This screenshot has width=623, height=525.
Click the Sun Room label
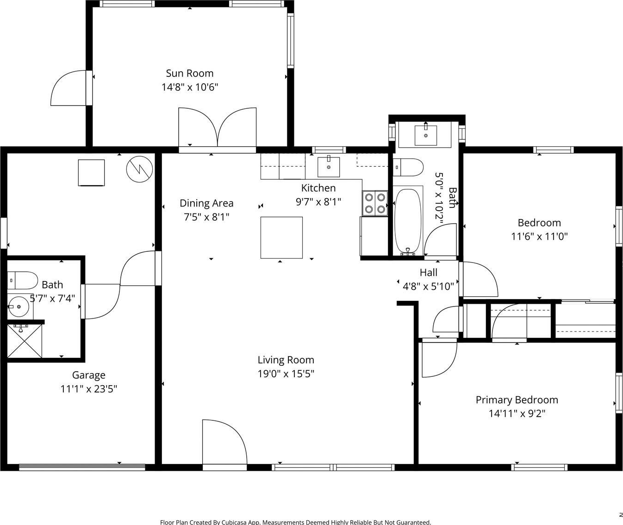click(x=189, y=73)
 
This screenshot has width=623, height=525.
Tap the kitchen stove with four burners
click(x=375, y=203)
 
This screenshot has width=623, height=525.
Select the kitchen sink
click(x=329, y=167)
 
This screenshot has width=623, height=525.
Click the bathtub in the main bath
click(x=408, y=221)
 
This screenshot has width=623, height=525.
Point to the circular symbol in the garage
click(x=139, y=169)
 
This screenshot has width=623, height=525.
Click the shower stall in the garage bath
click(x=25, y=341)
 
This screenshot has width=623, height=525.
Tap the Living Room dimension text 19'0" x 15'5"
click(x=286, y=374)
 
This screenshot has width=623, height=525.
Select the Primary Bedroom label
click(x=517, y=400)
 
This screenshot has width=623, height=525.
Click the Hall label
click(x=429, y=273)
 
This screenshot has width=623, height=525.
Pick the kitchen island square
click(x=281, y=237)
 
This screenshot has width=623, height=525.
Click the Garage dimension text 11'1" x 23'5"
click(x=88, y=389)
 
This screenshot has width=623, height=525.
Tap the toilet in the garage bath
click(x=22, y=280)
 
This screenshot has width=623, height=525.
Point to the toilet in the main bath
click(x=408, y=167)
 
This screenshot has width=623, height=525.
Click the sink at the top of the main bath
click(x=426, y=135)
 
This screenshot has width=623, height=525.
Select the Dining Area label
click(x=206, y=203)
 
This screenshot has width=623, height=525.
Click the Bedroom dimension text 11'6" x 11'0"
click(x=539, y=237)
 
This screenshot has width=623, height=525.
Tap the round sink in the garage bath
click(x=19, y=306)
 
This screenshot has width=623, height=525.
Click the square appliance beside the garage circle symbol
click(x=91, y=173)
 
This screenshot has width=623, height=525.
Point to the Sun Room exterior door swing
click(x=69, y=88)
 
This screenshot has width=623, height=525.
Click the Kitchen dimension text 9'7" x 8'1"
click(x=318, y=202)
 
